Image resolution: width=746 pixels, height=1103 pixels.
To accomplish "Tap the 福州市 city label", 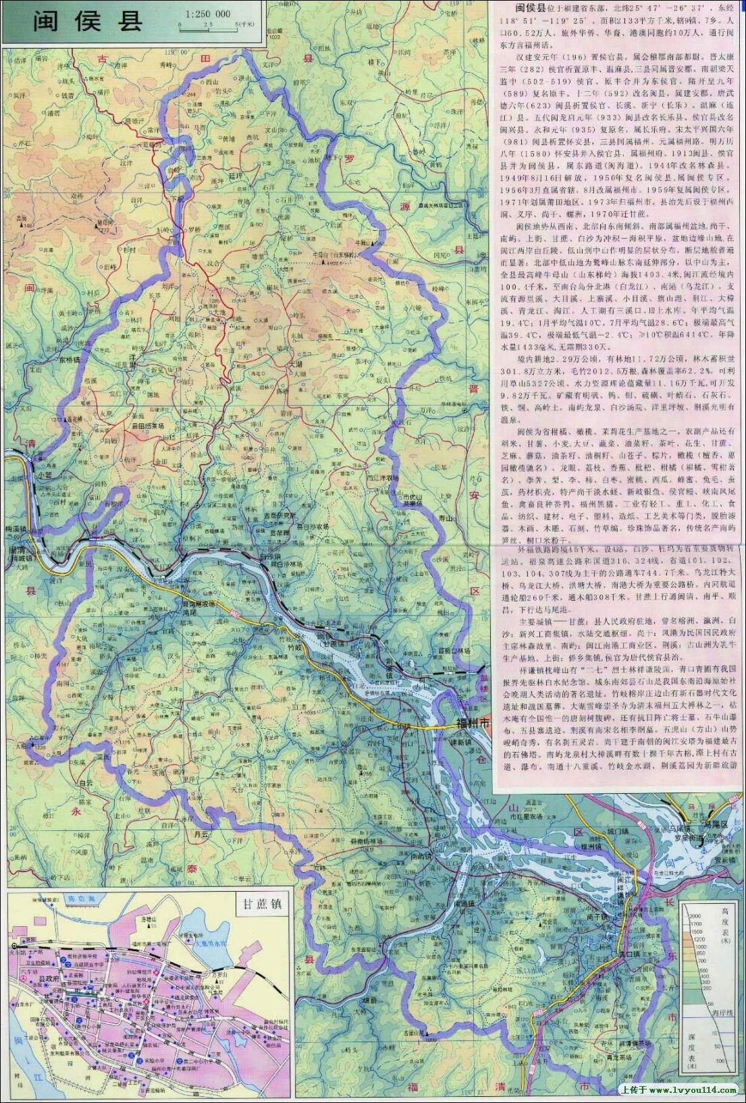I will (x=468, y=724).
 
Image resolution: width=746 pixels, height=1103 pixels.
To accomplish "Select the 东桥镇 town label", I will (x=68, y=360).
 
